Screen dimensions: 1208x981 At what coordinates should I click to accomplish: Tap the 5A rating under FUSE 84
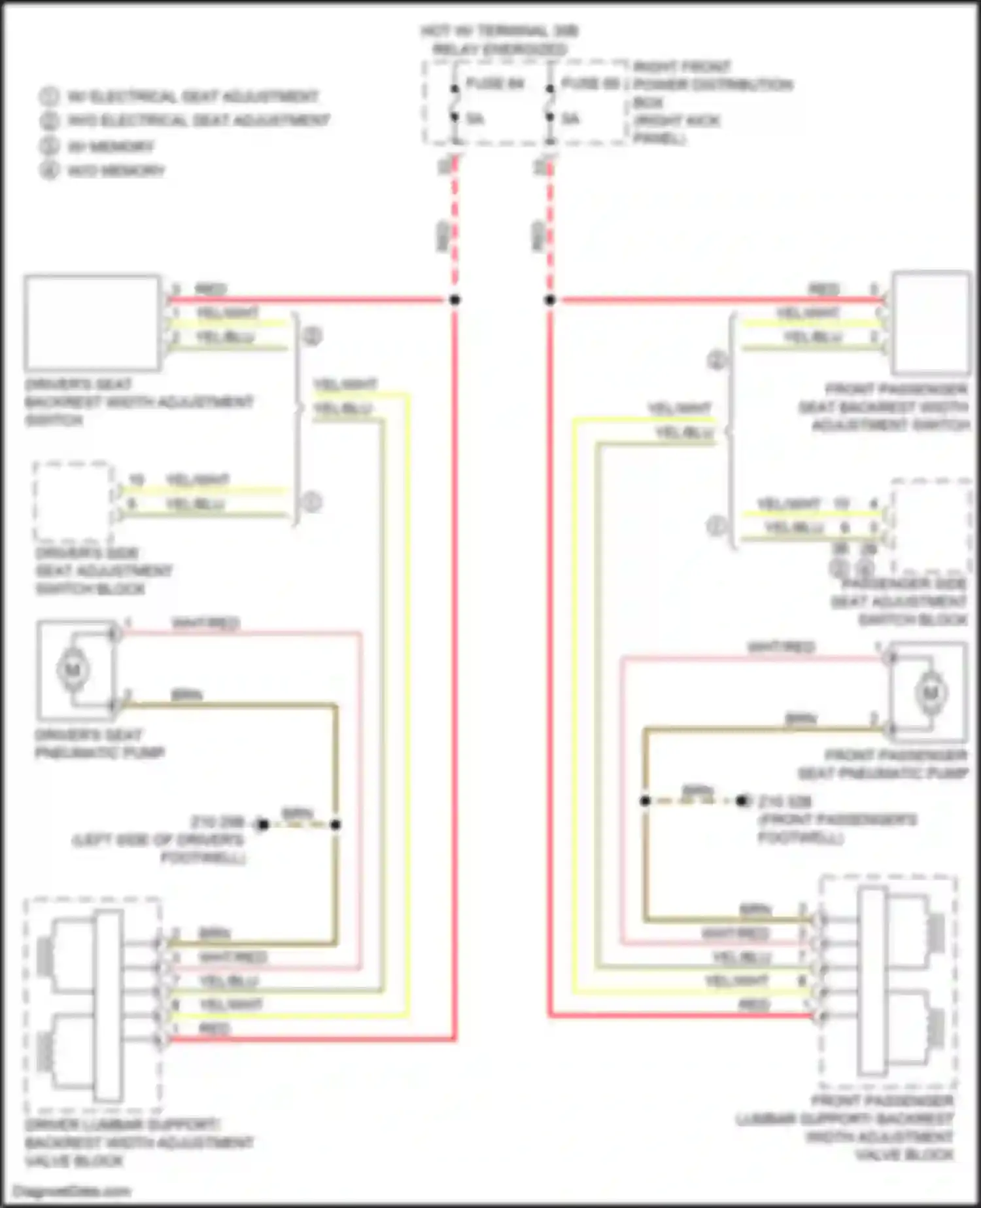pos(475,119)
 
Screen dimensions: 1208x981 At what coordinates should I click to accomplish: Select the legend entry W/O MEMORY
pos(116,171)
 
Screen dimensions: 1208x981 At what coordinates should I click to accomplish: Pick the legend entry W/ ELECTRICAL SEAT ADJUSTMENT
pos(193,97)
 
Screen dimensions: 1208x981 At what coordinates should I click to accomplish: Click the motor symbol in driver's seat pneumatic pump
pos(73,669)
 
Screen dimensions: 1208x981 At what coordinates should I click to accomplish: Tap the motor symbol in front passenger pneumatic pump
pos(929,692)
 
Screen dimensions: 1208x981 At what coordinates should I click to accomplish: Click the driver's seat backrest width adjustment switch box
pos(92,323)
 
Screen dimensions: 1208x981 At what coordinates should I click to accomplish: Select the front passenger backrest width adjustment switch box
pos(931,323)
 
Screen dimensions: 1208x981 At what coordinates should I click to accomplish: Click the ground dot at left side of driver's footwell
pos(262,825)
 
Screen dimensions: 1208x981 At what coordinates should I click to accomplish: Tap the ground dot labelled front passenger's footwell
pos(742,801)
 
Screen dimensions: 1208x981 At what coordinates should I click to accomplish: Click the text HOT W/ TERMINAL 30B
pos(500,31)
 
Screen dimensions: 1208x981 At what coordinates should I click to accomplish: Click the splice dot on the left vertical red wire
pos(455,300)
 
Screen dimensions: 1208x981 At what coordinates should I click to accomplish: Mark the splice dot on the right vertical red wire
pos(550,300)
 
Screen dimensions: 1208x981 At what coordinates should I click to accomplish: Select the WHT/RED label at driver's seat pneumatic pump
pos(205,623)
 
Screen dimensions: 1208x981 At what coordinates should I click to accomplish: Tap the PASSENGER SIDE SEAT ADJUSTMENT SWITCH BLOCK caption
pos(899,601)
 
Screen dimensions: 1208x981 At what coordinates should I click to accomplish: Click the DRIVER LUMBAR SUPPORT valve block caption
pos(139,1143)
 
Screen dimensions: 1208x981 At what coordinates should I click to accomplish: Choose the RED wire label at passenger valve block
pos(754,1004)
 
